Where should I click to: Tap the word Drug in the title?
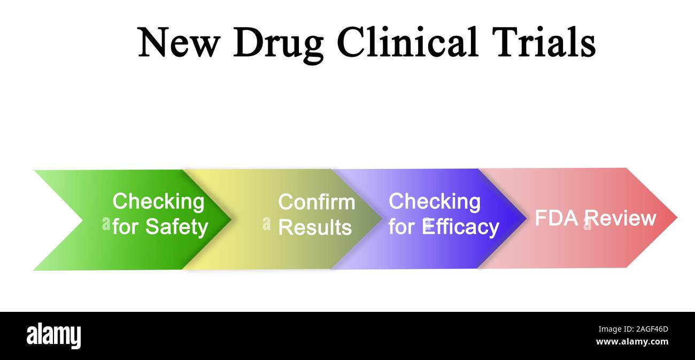coord(278,43)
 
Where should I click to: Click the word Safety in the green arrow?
coord(176,227)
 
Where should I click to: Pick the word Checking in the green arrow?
coord(158,202)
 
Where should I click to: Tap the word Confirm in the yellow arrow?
coord(316,202)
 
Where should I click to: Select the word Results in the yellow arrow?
coord(315,227)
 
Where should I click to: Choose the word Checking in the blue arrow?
coord(434,202)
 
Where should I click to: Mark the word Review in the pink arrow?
coord(620,218)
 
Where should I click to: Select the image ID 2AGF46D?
coord(647,330)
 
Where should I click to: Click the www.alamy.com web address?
coord(631,342)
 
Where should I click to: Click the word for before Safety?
coord(125,227)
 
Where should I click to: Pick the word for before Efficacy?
coord(401,227)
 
